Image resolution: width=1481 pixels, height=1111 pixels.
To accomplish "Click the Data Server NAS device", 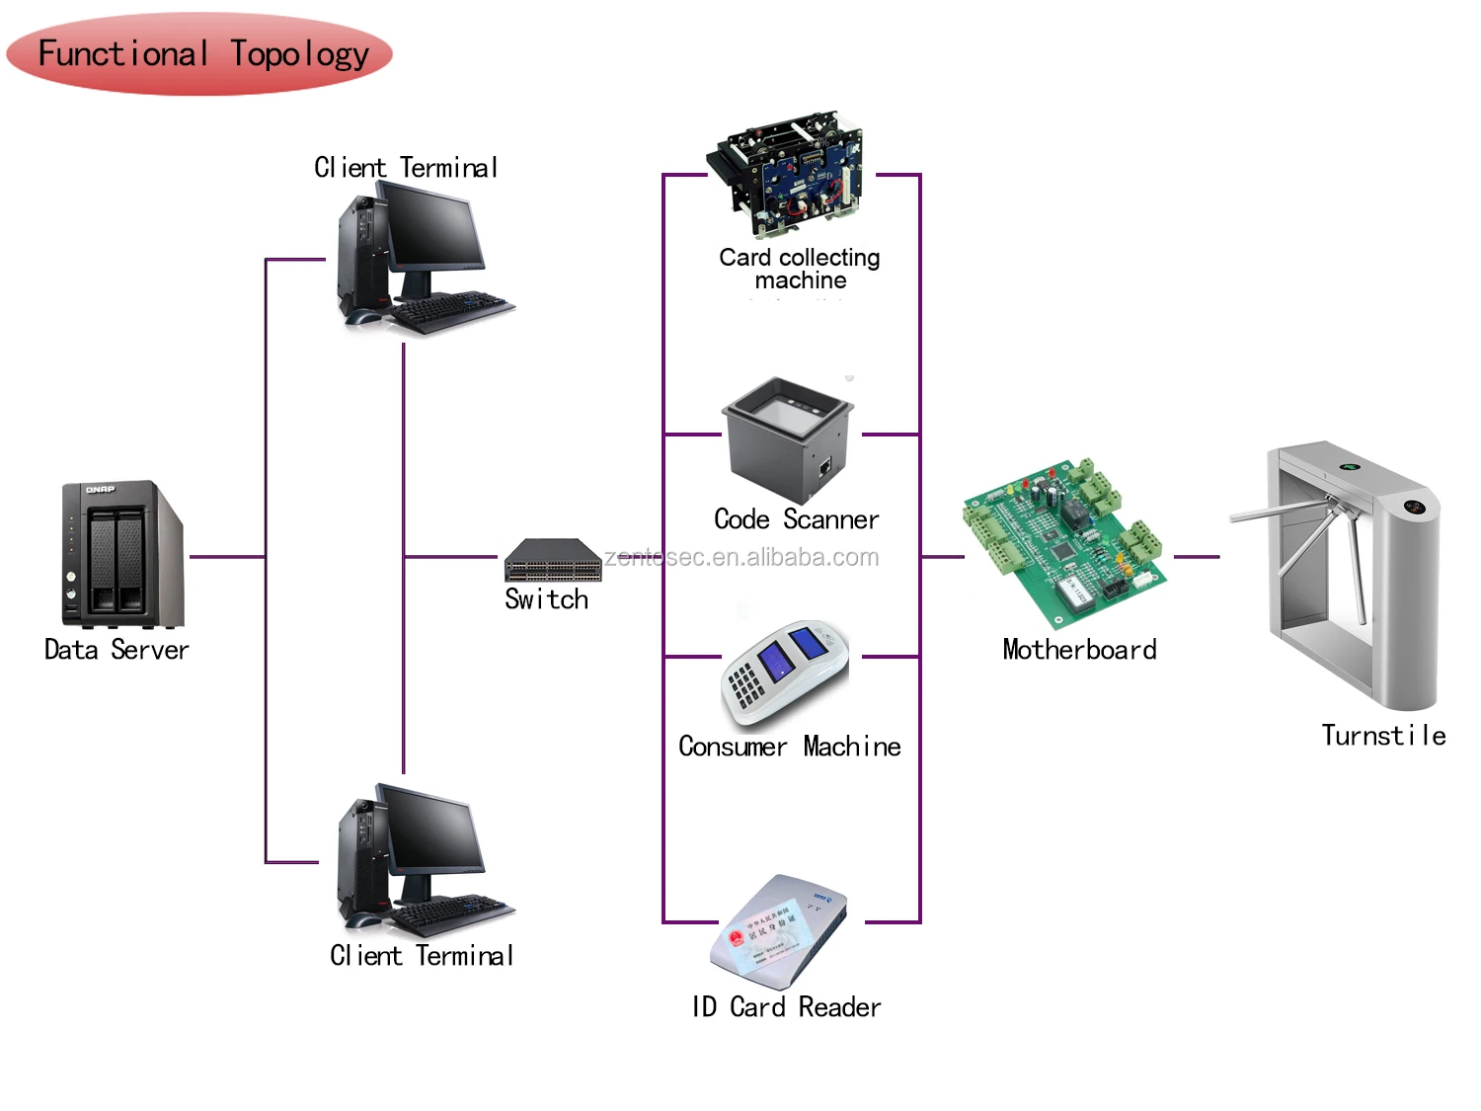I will tap(121, 554).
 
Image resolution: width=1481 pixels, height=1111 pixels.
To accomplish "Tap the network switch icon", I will tap(553, 560).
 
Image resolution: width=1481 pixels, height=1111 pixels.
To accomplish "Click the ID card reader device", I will tap(779, 931).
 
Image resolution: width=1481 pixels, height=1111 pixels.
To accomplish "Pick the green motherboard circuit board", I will tap(1063, 542).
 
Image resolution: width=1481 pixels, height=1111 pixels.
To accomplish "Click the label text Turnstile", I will tap(1383, 736).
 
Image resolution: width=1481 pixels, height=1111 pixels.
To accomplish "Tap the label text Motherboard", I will tap(1079, 650).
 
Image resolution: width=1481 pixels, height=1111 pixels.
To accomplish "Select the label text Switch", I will tap(546, 599).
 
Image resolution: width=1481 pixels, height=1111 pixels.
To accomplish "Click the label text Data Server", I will tap(117, 650).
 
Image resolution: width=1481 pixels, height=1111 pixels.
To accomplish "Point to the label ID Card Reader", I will tap(786, 1007).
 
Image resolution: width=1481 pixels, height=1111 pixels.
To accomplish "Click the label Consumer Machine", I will tap(789, 747).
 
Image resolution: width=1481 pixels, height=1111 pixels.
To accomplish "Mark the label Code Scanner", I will tap(796, 519).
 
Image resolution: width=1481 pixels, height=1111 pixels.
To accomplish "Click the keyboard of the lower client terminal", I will tap(450, 913).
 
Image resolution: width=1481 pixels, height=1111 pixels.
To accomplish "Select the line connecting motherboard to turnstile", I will tap(1197, 557).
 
